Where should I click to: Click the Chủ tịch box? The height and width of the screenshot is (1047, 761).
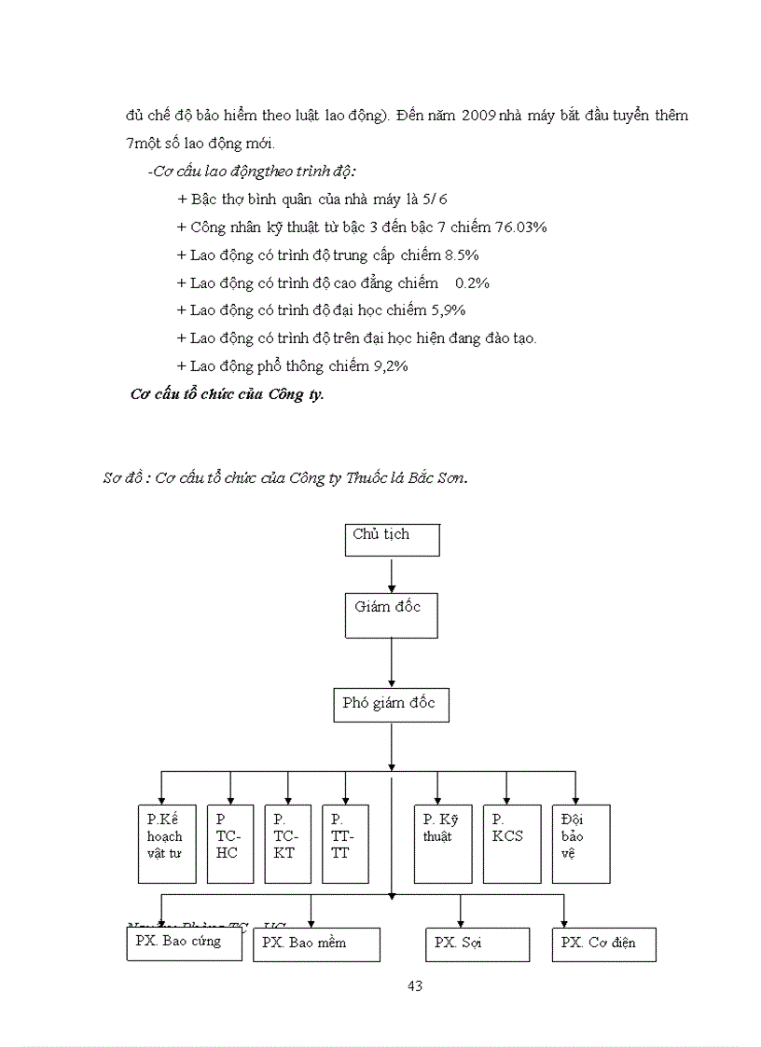[392, 540]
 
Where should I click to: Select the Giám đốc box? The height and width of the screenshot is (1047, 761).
[391, 615]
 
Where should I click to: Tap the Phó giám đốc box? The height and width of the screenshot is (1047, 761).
[391, 705]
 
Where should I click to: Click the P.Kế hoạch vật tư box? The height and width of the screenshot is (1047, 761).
[166, 843]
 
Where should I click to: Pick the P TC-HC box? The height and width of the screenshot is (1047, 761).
[229, 843]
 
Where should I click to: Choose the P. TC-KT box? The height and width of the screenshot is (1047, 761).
[287, 843]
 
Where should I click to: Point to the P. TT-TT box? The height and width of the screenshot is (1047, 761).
[345, 843]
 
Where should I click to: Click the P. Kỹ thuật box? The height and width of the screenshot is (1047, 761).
[442, 843]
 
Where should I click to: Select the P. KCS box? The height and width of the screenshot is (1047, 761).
[511, 843]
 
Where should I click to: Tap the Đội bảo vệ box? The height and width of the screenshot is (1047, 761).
[580, 843]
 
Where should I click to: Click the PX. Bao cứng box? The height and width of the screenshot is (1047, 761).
[183, 943]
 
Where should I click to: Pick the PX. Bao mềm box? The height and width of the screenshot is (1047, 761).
[316, 944]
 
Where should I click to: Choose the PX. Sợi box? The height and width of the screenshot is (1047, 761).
[477, 944]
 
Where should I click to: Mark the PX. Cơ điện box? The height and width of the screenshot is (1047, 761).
[603, 944]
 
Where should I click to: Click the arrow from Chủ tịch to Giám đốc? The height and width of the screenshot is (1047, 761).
[392, 574]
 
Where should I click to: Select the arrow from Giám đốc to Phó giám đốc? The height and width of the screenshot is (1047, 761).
[392, 663]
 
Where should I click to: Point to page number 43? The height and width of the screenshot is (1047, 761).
[416, 985]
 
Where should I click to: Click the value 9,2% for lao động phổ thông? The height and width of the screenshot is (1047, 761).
[391, 366]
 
